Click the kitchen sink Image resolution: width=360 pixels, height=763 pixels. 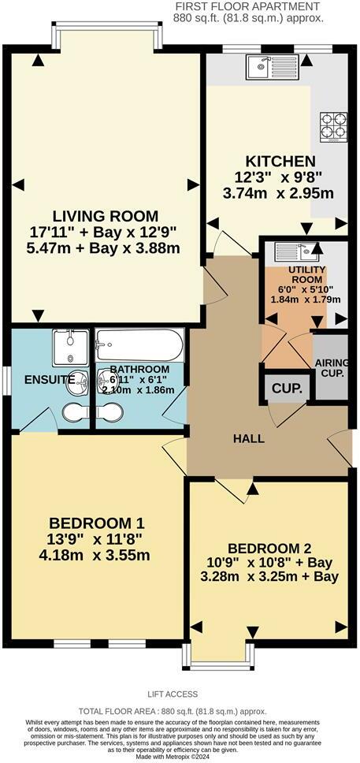pyautogui.click(x=269, y=68)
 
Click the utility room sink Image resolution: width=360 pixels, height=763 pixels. pyautogui.click(x=294, y=252)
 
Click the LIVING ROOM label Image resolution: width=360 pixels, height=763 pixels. pyautogui.click(x=106, y=216)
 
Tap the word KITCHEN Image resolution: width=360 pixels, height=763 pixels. pyautogui.click(x=269, y=161)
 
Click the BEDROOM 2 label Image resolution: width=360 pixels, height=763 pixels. pyautogui.click(x=269, y=549)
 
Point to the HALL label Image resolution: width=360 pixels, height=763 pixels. pyautogui.click(x=248, y=439)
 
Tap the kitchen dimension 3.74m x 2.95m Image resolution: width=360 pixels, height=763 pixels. pyautogui.click(x=269, y=193)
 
